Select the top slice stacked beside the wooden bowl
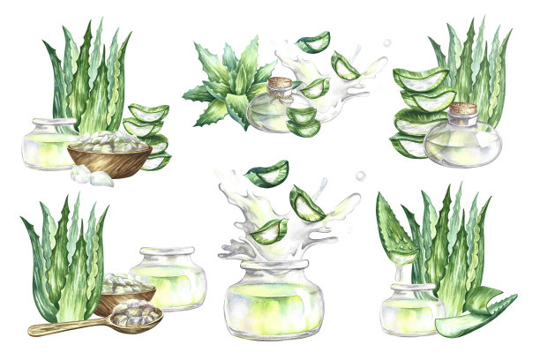click(x=147, y=112)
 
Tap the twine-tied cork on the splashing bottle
click(x=280, y=86)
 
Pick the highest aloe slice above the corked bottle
click(x=313, y=41)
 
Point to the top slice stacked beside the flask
click(x=421, y=79)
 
